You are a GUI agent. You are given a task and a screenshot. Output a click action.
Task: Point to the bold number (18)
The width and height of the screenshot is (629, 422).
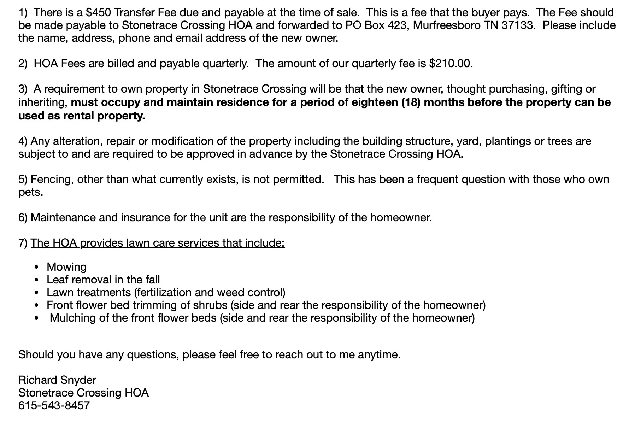pos(411,102)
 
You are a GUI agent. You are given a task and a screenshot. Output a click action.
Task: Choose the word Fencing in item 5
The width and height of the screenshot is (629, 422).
pos(52,180)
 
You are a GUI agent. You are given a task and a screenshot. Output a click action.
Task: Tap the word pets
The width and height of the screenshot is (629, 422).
pos(30,193)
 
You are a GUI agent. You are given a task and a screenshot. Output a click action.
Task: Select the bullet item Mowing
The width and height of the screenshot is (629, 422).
pos(66,267)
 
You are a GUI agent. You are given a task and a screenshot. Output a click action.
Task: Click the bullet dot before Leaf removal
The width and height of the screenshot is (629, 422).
pos(36,280)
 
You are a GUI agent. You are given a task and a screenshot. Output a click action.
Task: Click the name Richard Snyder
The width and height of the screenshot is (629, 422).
pos(57,380)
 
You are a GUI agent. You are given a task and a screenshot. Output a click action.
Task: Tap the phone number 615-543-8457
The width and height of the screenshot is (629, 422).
pos(54,405)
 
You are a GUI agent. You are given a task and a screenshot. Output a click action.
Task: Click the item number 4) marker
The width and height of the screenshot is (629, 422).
pos(23,141)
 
